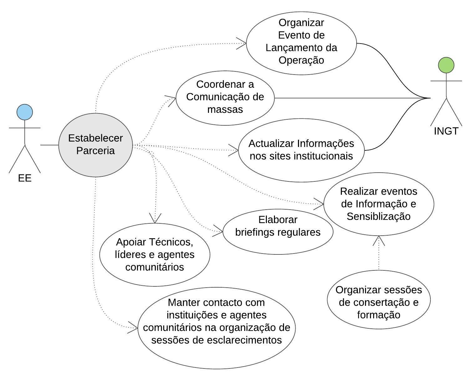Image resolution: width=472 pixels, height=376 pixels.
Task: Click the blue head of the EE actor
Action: coord(25,112)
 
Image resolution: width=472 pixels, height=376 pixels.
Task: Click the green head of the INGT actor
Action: coord(446,65)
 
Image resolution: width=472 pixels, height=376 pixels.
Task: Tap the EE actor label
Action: coord(25,178)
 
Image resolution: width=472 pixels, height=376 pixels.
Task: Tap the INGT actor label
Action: coord(446,131)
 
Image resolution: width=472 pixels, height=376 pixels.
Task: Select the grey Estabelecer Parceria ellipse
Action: coord(95,144)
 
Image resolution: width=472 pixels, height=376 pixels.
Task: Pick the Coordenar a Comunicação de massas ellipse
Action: coord(225,97)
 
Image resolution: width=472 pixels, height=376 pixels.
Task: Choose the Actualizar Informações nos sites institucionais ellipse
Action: coord(301,150)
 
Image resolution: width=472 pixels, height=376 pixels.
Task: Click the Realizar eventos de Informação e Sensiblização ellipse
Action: coord(378,204)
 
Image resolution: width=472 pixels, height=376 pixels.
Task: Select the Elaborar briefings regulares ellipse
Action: coord(277,232)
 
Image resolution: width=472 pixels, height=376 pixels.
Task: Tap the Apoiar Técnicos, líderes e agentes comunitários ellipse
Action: coord(155,254)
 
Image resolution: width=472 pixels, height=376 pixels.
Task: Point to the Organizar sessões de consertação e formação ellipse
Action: coord(378,302)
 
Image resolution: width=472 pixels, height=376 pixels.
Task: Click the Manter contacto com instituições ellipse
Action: coord(216,327)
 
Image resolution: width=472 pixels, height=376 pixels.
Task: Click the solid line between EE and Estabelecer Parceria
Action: coord(49,145)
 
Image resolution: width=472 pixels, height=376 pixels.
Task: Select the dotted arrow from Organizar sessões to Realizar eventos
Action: coord(379,254)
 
